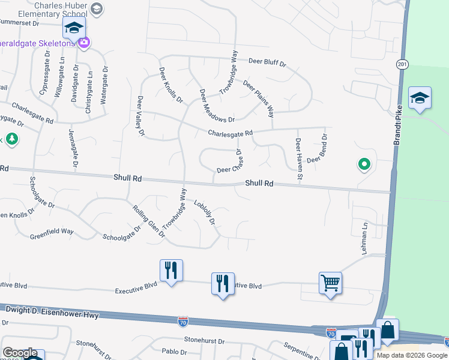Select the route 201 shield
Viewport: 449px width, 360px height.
click(402, 64)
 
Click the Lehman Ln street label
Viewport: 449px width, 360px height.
click(364, 239)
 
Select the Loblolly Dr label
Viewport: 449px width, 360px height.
click(204, 212)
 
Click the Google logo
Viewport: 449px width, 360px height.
click(20, 353)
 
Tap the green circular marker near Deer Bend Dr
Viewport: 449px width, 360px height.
click(363, 163)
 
